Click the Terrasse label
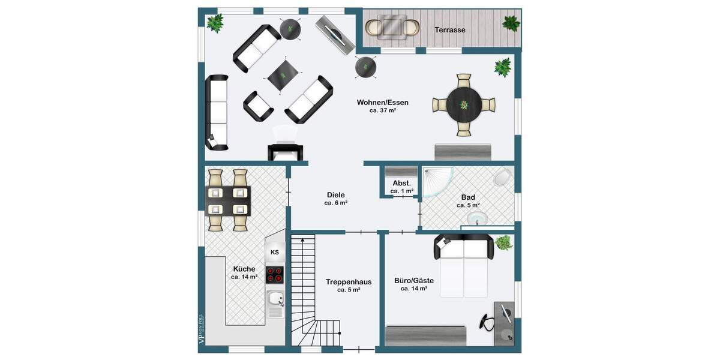(x=449, y=29)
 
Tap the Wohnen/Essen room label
(x=382, y=102)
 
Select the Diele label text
(x=335, y=195)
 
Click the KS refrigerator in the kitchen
(x=275, y=252)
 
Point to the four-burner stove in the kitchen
(x=275, y=275)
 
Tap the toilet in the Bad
(x=502, y=178)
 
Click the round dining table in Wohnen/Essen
(x=464, y=105)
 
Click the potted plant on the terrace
(x=511, y=23)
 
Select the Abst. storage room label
(x=401, y=183)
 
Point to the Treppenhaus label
(x=349, y=281)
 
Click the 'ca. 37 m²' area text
(x=382, y=110)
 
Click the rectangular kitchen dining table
(x=229, y=201)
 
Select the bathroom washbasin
(x=478, y=218)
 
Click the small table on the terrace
(x=394, y=26)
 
